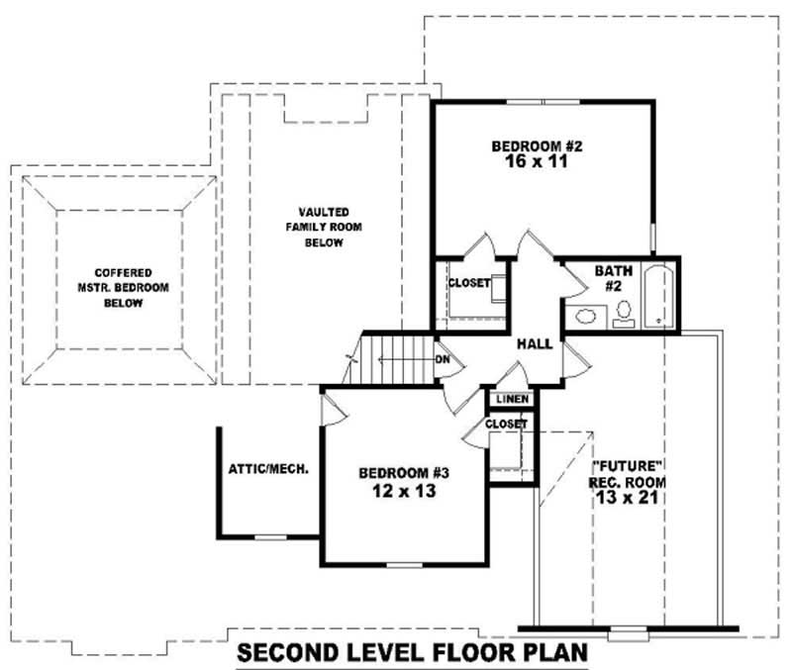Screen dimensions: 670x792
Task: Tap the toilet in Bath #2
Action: [x=624, y=314]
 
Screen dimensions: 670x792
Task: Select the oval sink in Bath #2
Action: [x=585, y=318]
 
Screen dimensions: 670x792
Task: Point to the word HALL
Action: [x=535, y=342]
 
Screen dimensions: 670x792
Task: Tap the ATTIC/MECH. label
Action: [x=268, y=468]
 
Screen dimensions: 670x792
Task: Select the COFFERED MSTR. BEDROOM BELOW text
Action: [x=124, y=287]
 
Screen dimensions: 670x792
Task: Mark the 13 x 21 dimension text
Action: [x=627, y=498]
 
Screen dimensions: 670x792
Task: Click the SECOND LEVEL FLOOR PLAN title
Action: [x=413, y=653]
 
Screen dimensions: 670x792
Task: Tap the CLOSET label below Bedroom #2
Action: [x=468, y=283]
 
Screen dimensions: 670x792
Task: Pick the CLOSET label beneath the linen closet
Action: [x=506, y=424]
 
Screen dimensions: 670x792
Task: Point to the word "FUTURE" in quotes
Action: [x=626, y=465]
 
